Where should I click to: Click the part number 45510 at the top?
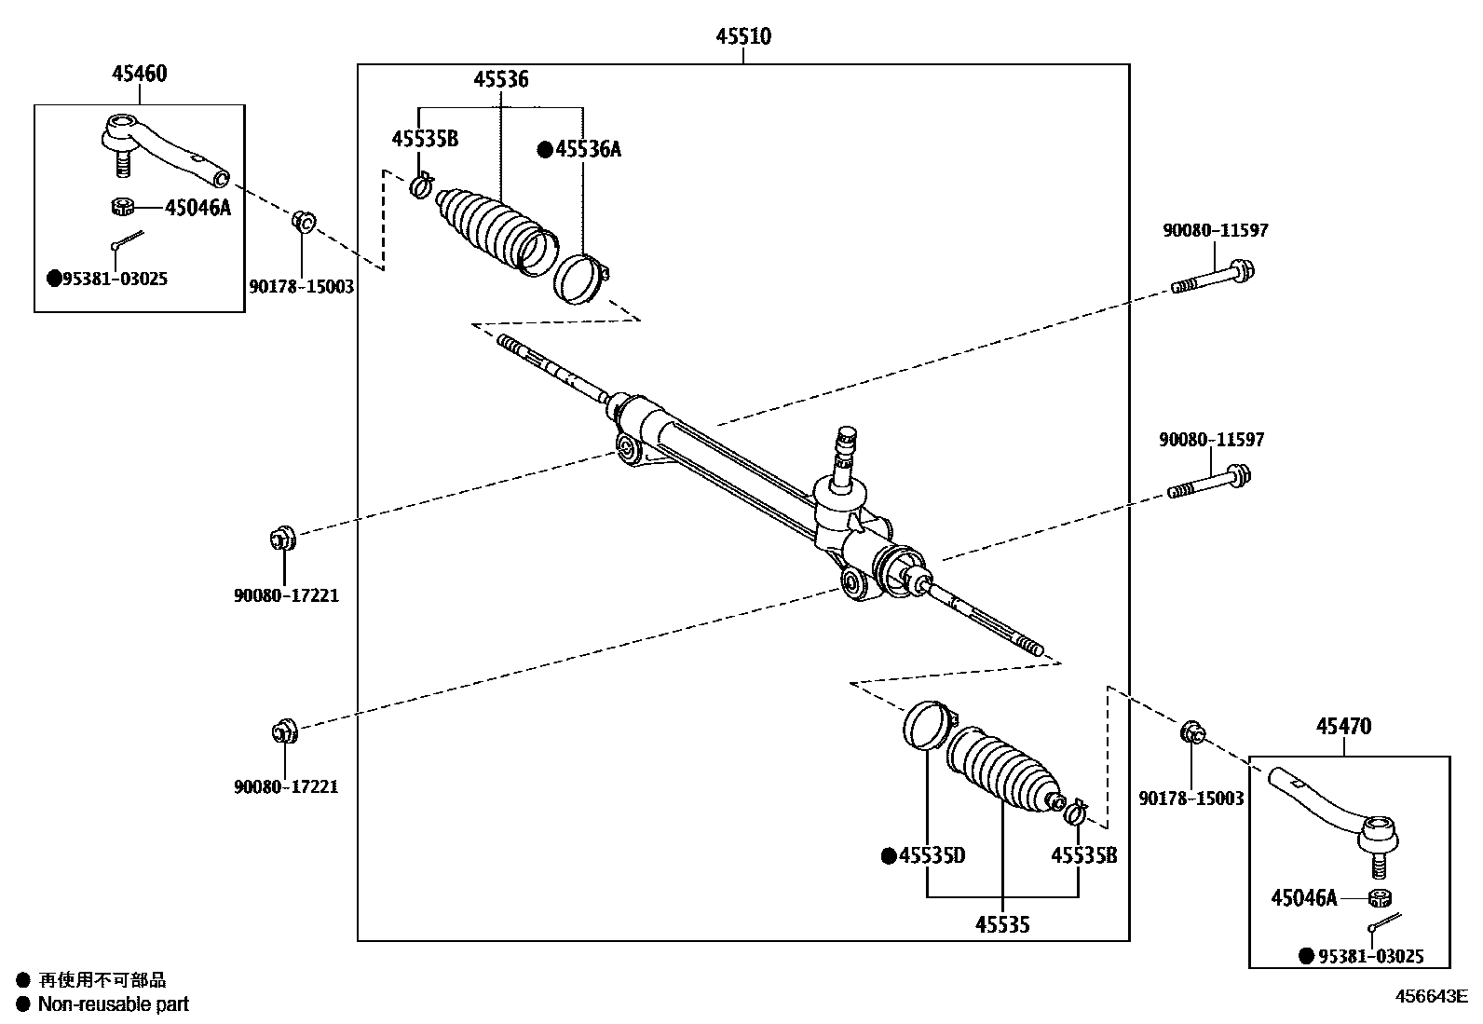[743, 37]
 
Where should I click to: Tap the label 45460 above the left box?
[140, 74]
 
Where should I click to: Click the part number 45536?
[500, 80]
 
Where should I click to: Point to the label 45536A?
[587, 149]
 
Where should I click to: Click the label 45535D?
[932, 855]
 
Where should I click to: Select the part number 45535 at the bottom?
[1002, 924]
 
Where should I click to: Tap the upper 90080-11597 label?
[1215, 230]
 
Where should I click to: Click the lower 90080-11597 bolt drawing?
[1208, 483]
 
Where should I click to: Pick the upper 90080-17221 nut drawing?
[282, 538]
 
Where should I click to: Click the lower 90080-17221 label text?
[286, 786]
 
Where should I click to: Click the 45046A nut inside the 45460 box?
[123, 206]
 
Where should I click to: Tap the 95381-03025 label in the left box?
[115, 279]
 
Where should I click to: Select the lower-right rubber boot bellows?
[1002, 769]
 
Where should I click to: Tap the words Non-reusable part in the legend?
[113, 1004]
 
